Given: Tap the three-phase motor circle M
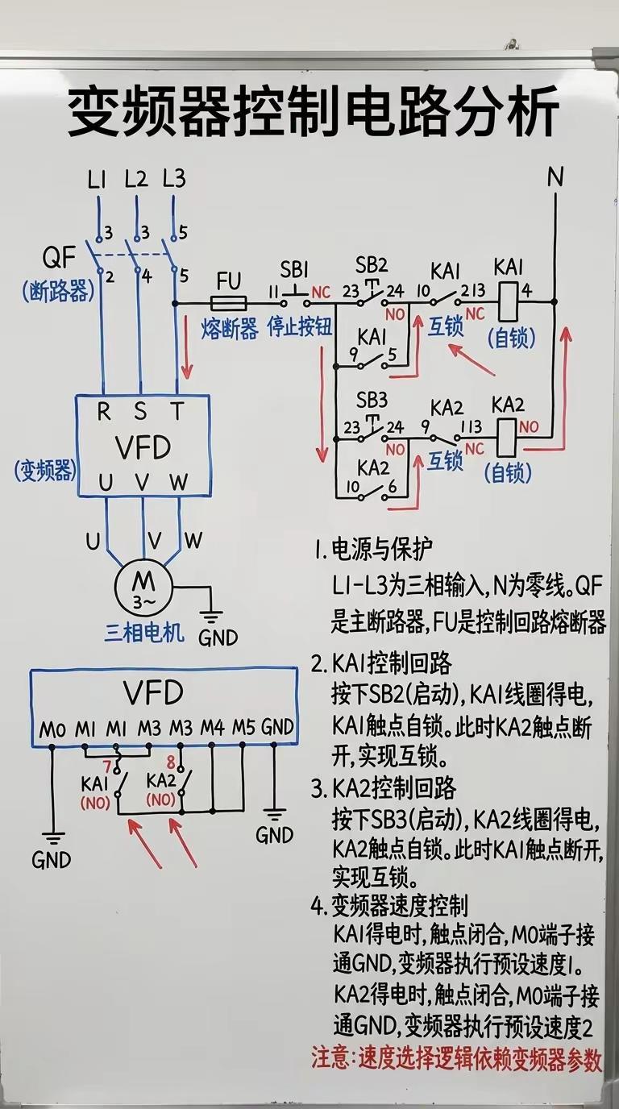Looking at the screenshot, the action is click(143, 588).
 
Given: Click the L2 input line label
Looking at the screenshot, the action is click(136, 178).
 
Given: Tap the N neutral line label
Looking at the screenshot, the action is click(555, 177).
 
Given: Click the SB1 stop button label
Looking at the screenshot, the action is click(294, 270).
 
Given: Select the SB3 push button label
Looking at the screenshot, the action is click(372, 400).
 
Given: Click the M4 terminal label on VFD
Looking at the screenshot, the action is click(213, 728).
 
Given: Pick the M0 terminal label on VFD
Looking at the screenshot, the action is click(52, 729).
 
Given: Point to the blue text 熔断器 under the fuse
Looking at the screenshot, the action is click(230, 329).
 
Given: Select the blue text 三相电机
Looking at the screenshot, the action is click(144, 632).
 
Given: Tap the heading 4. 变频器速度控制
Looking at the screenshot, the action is click(389, 906).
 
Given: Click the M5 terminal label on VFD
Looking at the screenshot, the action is click(244, 727).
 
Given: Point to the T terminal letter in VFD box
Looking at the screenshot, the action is click(177, 411).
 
